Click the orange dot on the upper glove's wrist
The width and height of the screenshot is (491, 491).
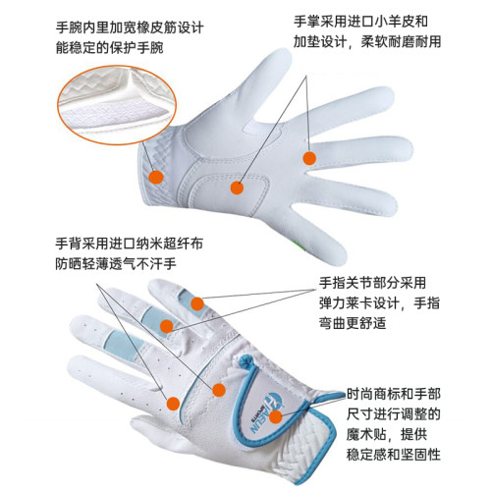(x=155, y=174)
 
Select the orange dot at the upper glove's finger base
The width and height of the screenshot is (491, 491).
(x=308, y=158)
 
